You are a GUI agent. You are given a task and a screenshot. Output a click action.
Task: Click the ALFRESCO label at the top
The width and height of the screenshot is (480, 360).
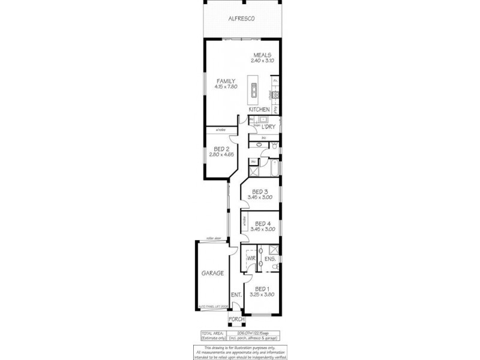(x=242, y=19)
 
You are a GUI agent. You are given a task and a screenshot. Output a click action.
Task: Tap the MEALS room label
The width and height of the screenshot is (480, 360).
(x=262, y=55)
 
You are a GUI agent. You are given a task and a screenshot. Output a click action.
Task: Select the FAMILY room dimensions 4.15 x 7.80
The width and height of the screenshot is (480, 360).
(x=226, y=87)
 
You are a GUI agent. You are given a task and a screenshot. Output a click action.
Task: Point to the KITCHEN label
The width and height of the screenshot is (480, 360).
(x=259, y=110)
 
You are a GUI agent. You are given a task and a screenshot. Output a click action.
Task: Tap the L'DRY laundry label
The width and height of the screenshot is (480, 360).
(x=268, y=127)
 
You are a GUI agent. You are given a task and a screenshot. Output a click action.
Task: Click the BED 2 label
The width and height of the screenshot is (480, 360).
(x=221, y=149)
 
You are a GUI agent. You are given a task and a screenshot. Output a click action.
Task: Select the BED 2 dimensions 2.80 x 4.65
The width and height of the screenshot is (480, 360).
(x=221, y=155)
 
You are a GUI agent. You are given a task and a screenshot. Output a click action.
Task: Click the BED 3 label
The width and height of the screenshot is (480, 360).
(x=260, y=192)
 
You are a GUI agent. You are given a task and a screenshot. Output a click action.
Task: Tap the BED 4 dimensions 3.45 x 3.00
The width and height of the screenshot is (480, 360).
(x=262, y=229)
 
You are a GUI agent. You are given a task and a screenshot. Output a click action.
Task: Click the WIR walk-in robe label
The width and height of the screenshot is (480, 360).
(x=251, y=259)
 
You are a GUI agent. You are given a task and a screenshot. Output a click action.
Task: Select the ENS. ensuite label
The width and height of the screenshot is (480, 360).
(x=270, y=259)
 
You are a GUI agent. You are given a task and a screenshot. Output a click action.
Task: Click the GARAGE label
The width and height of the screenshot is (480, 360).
(x=212, y=273)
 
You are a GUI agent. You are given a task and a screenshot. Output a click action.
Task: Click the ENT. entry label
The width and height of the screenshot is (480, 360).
(x=236, y=295)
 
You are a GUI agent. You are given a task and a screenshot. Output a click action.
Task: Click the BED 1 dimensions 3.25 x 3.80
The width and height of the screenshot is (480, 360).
(x=262, y=295)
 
